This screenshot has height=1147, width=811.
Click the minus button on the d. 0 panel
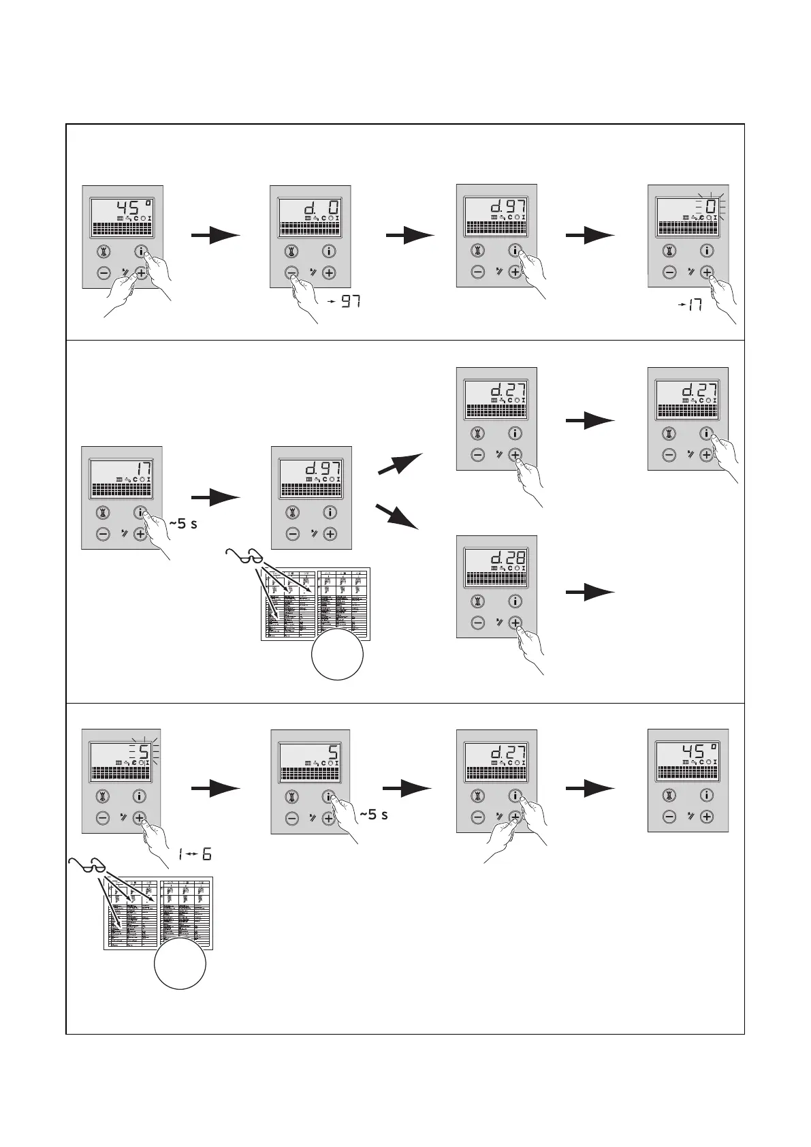click(291, 273)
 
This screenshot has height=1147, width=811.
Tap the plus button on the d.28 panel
click(515, 623)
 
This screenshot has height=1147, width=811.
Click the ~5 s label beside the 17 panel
click(182, 524)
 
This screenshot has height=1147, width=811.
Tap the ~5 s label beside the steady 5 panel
click(373, 814)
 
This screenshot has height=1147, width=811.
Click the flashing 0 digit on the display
click(710, 206)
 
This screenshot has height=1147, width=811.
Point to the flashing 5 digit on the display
click(144, 752)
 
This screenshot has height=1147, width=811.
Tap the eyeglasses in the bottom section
click(87, 866)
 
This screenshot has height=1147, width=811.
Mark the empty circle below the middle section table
click(337, 654)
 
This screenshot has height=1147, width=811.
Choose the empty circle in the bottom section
click(180, 964)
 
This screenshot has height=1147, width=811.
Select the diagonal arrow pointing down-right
click(397, 516)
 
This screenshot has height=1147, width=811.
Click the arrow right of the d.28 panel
click(590, 593)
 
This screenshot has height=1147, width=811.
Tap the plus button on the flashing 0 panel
click(707, 272)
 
